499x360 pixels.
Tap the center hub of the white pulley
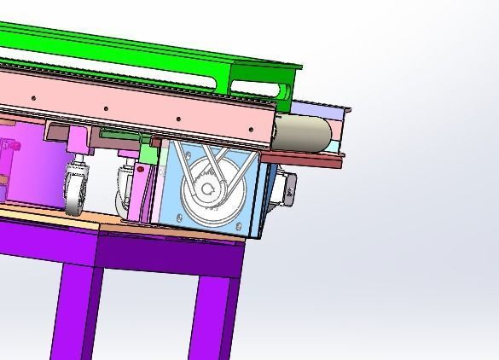click(208, 189)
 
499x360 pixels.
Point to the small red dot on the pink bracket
click(141, 170)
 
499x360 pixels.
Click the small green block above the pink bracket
click(148, 154)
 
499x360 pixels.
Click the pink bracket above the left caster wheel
click(77, 139)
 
